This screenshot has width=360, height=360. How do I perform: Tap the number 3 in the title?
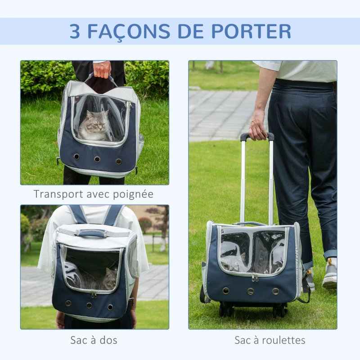coord(75,31)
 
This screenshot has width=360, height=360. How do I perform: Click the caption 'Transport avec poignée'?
coord(94,194)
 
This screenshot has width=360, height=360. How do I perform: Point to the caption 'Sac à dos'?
coord(94,340)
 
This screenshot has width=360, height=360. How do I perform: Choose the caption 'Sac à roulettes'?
coord(270,340)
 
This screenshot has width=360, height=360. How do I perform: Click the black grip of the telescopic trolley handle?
coord(257,136)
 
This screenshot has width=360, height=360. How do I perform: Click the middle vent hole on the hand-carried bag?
coord(97,159)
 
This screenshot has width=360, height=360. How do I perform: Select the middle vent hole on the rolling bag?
coord(251,291)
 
